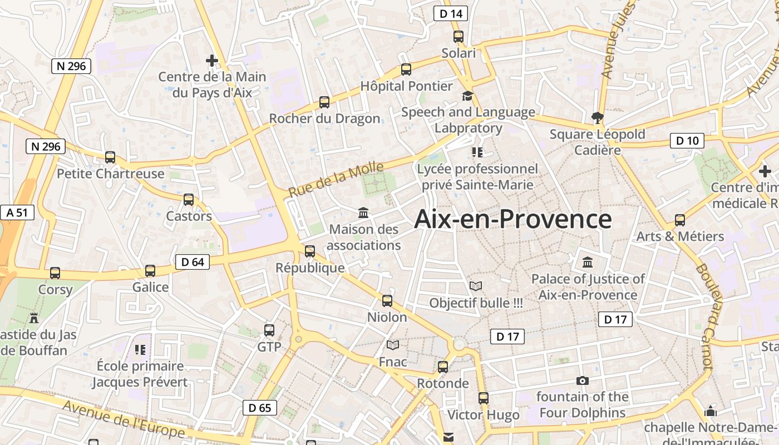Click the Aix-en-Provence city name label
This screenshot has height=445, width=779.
pyautogui.click(x=513, y=219)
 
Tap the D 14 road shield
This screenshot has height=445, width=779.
pyautogui.click(x=450, y=14)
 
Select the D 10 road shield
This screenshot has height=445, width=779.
pyautogui.click(x=687, y=141)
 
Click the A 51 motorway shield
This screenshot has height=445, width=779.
pyautogui.click(x=17, y=212)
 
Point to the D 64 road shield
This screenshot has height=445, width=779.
pyautogui.click(x=193, y=262)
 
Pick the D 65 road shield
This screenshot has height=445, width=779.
pyautogui.click(x=259, y=408)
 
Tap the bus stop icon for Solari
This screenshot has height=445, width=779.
pyautogui.click(x=458, y=37)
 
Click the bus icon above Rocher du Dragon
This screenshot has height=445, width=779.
pyautogui.click(x=324, y=102)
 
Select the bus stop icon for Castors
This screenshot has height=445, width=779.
pyautogui.click(x=189, y=200)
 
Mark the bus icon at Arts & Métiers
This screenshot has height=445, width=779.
pyautogui.click(x=680, y=220)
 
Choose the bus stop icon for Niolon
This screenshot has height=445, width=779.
pyautogui.click(x=387, y=301)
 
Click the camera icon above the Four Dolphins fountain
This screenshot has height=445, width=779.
pyautogui.click(x=583, y=381)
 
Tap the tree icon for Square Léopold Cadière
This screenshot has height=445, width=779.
pyautogui.click(x=598, y=117)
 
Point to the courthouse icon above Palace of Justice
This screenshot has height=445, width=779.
pyautogui.click(x=588, y=262)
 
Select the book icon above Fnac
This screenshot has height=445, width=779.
pyautogui.click(x=393, y=345)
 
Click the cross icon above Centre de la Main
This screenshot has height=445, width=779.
pyautogui.click(x=212, y=60)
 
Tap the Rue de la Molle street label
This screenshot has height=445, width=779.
pyautogui.click(x=336, y=180)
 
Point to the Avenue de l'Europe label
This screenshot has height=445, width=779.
pyautogui.click(x=124, y=418)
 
